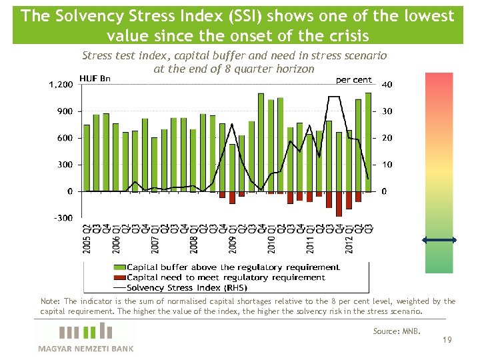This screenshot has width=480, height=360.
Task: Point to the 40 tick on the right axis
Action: (x=387, y=85)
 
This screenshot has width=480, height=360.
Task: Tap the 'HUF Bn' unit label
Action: (x=95, y=79)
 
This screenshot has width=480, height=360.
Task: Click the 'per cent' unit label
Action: (x=353, y=79)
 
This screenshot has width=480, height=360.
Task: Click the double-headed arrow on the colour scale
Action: (x=439, y=240)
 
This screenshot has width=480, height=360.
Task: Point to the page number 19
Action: (x=447, y=340)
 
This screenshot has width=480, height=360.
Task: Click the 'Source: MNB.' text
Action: (x=397, y=331)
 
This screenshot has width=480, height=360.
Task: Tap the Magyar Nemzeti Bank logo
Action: (x=85, y=337)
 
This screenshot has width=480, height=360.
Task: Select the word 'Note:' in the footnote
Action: (x=51, y=301)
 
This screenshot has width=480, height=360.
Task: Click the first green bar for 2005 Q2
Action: (x=87, y=158)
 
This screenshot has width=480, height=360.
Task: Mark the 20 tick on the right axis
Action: (x=387, y=138)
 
